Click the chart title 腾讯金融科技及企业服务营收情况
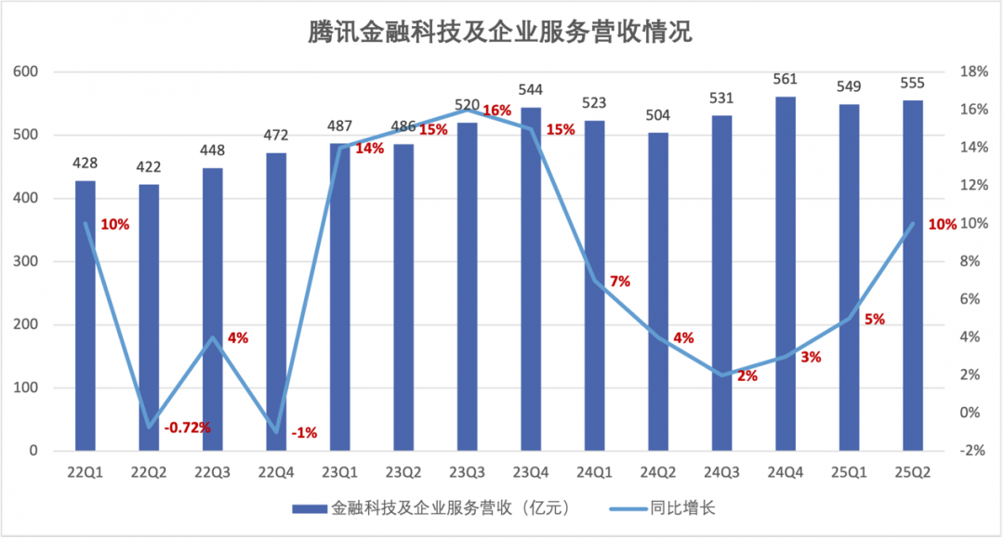(501, 33)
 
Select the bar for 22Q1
(86, 316)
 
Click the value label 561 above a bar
(786, 79)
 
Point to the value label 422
(149, 167)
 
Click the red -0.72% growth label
(187, 427)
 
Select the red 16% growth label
(497, 111)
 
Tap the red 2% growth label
(747, 376)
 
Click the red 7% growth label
(620, 281)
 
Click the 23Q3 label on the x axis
(468, 472)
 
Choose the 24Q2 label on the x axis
(658, 472)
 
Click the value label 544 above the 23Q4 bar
(532, 90)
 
